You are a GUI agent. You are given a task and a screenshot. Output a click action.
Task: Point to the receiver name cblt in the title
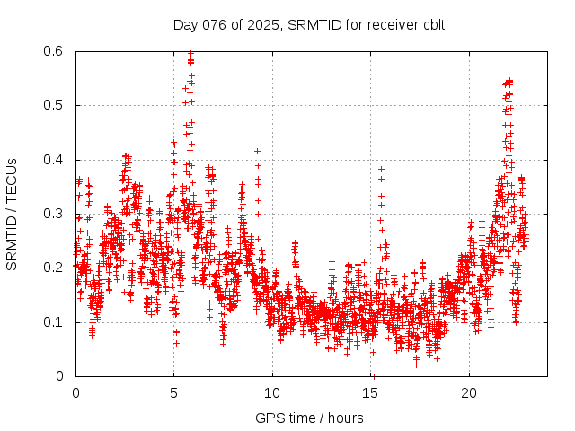coord(430,23)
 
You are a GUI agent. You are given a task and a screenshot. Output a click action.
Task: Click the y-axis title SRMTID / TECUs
coord(12,214)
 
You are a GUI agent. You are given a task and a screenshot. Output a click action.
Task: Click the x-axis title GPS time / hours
coord(309,418)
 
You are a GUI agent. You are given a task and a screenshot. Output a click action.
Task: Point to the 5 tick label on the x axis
coord(173,392)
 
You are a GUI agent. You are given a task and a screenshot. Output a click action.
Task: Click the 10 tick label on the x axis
coord(272,392)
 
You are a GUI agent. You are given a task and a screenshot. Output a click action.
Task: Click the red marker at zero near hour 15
coord(375,375)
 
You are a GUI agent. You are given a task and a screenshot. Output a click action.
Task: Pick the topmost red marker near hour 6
coord(190,54)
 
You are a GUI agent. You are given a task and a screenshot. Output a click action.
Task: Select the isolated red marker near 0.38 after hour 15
coord(381,169)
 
